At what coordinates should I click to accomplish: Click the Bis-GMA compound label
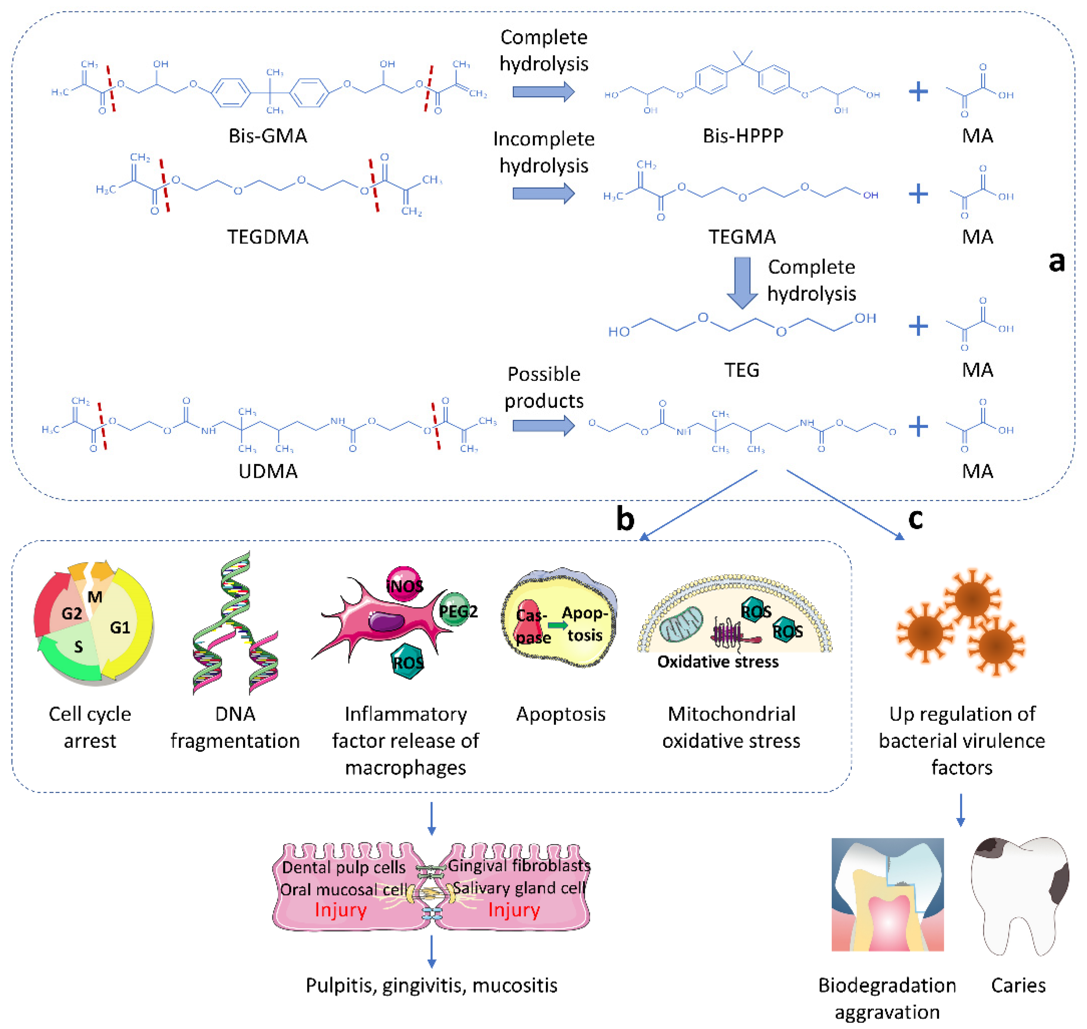coord(268,135)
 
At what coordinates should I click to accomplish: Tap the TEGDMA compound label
coord(268,237)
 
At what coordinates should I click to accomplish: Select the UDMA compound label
coord(268,471)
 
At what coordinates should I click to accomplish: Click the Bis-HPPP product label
coord(743,135)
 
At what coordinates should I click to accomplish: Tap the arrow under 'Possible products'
coord(543,426)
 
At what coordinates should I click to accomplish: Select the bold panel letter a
coord(1056,262)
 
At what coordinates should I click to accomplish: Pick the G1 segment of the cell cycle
coord(121,626)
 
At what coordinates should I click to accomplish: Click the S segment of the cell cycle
coord(79,647)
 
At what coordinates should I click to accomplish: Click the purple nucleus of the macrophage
coord(386,621)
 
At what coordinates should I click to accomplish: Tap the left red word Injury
coord(340,910)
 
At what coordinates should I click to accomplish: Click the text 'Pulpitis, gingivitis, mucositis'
coord(431,986)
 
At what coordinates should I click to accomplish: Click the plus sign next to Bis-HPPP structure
coord(918,91)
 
